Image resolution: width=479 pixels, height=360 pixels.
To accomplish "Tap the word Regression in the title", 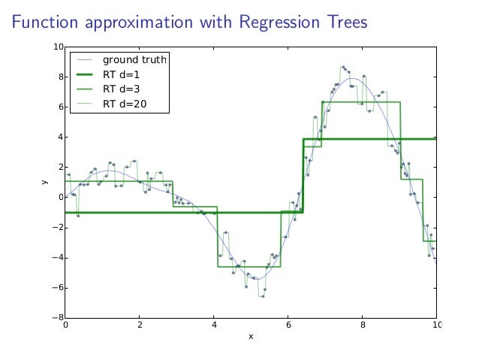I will (276, 23).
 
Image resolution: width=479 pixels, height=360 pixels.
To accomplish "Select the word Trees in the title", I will (344, 23).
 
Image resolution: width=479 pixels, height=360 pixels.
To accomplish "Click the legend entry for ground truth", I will (134, 59).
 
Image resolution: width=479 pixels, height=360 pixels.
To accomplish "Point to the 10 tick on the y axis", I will (58, 47).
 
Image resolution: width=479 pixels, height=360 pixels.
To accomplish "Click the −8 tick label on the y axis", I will (57, 318).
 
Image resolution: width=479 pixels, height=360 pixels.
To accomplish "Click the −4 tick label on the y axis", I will (57, 258).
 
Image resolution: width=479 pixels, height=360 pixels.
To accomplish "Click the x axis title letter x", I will (251, 336).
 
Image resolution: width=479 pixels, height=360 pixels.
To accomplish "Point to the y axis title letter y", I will (45, 182).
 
